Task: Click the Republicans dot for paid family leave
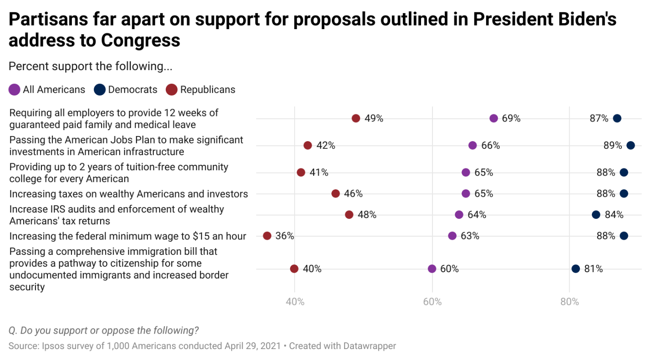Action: pyautogui.click(x=356, y=118)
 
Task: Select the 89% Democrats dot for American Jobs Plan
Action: pyautogui.click(x=631, y=146)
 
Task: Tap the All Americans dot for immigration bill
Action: pyautogui.click(x=432, y=269)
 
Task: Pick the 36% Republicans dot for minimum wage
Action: pyautogui.click(x=267, y=236)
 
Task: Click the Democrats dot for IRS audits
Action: pyautogui.click(x=596, y=215)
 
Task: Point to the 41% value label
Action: pyautogui.click(x=319, y=172)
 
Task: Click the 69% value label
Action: pyautogui.click(x=511, y=118)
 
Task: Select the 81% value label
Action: pyautogui.click(x=594, y=269)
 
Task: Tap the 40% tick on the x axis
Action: pyautogui.click(x=295, y=302)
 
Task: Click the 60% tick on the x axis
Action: pyautogui.click(x=432, y=302)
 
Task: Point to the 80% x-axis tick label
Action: pyautogui.click(x=569, y=302)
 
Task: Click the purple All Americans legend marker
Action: pyautogui.click(x=15, y=90)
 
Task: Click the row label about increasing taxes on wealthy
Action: pyautogui.click(x=128, y=194)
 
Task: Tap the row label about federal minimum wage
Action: pyautogui.click(x=127, y=236)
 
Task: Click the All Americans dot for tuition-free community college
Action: pyautogui.click(x=466, y=172)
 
